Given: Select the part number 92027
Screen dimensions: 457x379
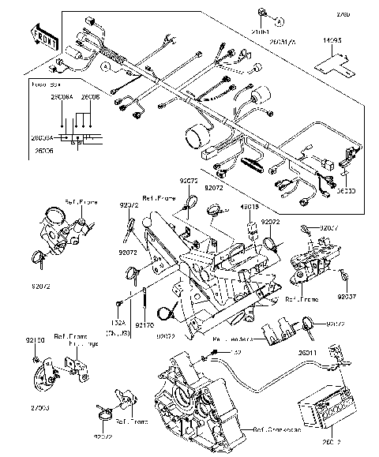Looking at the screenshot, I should click(x=330, y=228).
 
